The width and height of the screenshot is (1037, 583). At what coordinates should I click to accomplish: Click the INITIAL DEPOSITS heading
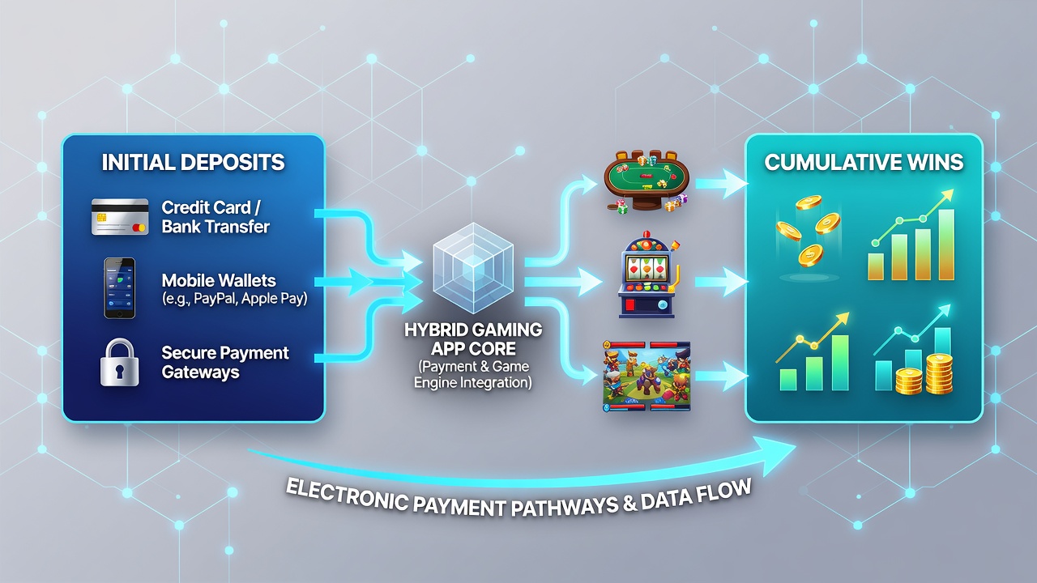[x=193, y=163]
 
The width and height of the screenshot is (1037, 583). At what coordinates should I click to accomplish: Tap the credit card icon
[x=121, y=216]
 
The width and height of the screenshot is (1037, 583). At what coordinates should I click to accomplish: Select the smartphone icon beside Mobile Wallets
[x=119, y=288]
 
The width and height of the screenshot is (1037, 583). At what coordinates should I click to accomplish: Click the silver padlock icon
[x=119, y=362]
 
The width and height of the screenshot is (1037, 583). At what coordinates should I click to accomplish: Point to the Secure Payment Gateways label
[x=225, y=362]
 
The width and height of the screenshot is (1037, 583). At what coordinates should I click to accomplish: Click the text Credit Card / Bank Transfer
[x=216, y=217]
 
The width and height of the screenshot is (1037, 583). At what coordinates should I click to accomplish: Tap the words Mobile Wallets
[x=219, y=280]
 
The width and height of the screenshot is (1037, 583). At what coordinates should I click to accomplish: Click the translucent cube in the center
[x=473, y=268]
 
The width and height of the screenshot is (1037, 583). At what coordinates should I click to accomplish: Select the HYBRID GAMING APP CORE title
[x=473, y=339]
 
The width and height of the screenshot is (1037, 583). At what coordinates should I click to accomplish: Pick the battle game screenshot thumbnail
[x=647, y=377]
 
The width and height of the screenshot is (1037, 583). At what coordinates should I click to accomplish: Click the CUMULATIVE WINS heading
[x=864, y=163]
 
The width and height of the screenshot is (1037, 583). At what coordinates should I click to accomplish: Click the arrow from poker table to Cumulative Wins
[x=721, y=184]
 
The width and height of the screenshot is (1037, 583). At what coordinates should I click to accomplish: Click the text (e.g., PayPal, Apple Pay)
[x=234, y=299]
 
